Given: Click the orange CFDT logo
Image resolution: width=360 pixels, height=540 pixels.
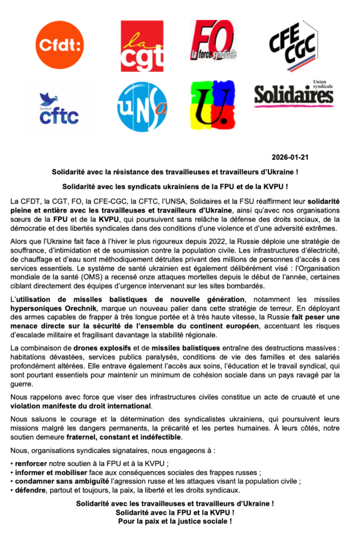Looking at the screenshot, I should pyautogui.click(x=60, y=44).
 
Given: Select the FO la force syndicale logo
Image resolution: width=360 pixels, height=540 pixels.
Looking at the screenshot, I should pyautogui.click(x=213, y=40).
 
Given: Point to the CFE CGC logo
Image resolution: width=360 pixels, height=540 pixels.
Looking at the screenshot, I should pyautogui.click(x=293, y=45).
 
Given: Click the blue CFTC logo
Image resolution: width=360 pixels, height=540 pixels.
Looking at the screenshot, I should pyautogui.click(x=59, y=109).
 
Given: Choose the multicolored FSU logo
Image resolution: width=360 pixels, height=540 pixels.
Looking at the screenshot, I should pyautogui.click(x=213, y=106).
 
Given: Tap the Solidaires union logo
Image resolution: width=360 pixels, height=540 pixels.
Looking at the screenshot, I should pyautogui.click(x=294, y=93).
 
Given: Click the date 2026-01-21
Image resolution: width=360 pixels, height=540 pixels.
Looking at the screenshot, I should pyautogui.click(x=289, y=157).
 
